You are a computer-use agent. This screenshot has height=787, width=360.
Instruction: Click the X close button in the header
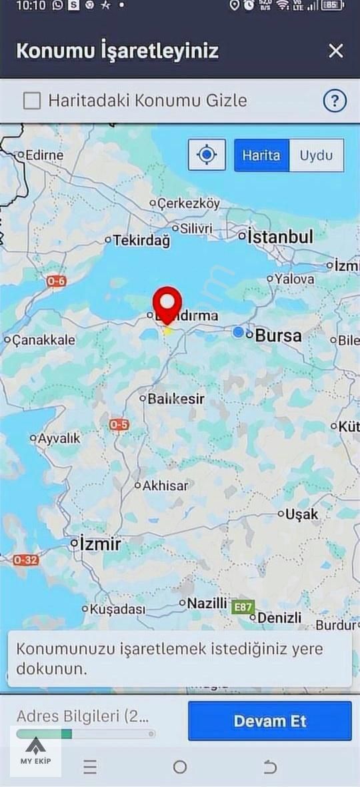coord(336,51)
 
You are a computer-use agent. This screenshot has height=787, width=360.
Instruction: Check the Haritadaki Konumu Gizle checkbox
coord(32,101)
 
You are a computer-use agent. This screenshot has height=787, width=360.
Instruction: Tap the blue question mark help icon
coord(335,101)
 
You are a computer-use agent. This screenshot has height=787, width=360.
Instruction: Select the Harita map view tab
coord(261,155)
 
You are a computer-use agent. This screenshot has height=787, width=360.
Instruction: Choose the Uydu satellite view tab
coord(316,155)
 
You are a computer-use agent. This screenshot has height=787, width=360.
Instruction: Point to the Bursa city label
coord(278,335)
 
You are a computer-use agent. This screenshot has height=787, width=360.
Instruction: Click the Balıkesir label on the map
coord(175,399)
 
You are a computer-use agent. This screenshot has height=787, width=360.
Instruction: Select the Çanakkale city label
coord(44,340)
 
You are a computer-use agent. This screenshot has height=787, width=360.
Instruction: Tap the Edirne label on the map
coord(44,155)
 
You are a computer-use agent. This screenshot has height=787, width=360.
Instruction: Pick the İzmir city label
coord(100,544)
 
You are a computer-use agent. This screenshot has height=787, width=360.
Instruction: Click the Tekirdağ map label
coord(141,241)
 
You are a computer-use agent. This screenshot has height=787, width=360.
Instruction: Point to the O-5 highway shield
coord(119,425)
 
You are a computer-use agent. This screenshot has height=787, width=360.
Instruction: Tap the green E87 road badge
coord(243,607)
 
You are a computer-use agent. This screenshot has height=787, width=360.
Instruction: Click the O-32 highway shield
coord(25,560)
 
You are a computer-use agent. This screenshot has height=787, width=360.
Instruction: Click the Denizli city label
coord(279,618)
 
